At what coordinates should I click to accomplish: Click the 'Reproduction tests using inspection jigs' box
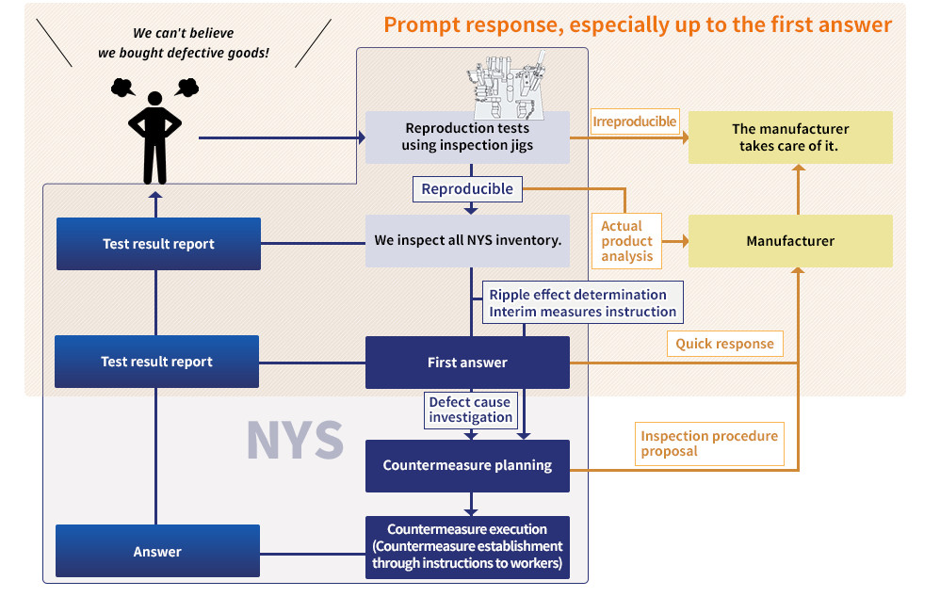467,137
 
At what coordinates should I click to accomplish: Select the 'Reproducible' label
467,189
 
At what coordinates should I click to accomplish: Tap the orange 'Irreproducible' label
634,121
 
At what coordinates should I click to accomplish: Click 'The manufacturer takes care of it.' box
790,137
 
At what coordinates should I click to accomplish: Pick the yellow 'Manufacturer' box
790,241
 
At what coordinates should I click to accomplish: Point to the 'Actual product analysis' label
627,241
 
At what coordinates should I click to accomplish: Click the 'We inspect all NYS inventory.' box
467,240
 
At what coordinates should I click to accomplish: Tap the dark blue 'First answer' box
467,363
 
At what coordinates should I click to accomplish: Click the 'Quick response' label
724,344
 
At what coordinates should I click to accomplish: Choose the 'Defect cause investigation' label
470,410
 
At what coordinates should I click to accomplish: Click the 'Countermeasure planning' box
467,465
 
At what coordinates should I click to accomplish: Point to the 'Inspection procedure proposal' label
709,444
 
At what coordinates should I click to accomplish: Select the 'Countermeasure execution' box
467,546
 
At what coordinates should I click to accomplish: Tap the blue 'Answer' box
157,552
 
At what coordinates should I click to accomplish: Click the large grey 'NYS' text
295,440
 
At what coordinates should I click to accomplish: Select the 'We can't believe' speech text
183,33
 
